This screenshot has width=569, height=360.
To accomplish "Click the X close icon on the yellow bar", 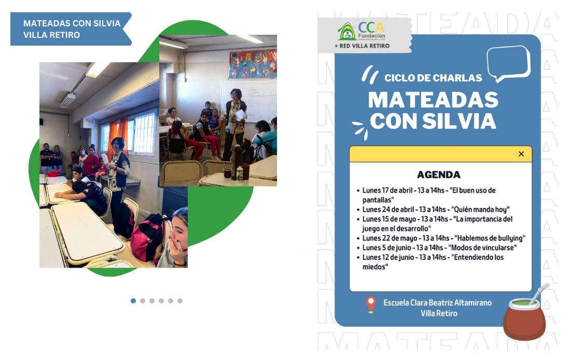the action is [x=521, y=154].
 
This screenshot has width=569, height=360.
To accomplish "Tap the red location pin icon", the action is [x=370, y=304].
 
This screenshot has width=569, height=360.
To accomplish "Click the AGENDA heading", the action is [x=438, y=175].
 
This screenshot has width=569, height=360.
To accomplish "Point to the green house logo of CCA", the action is [x=347, y=32].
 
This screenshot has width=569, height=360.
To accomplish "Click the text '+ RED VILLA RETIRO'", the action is [x=362, y=46].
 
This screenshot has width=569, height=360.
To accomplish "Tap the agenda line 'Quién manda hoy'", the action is [x=436, y=210].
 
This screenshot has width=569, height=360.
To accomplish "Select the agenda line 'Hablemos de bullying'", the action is [x=444, y=238].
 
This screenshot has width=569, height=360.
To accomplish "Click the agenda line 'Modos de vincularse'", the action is [x=439, y=247].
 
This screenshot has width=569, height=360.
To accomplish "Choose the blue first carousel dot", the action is [x=133, y=301].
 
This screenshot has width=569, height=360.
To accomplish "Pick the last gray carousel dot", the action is [x=180, y=301].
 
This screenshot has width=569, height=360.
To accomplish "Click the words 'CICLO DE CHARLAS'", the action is [x=433, y=78].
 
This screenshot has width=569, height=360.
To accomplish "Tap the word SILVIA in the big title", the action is [x=460, y=121].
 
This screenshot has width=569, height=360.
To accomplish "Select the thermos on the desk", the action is [x=236, y=162].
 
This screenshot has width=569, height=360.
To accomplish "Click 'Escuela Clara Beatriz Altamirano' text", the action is [x=438, y=302].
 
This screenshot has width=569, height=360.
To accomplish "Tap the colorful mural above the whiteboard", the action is [x=253, y=64].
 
